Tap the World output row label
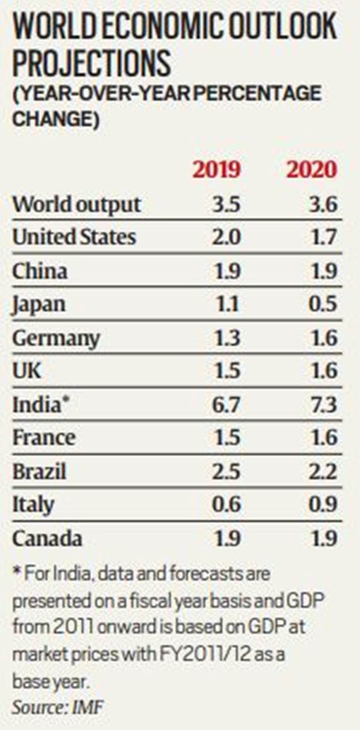pyautogui.click(x=77, y=204)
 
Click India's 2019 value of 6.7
pyautogui.click(x=226, y=405)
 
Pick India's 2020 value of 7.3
pyautogui.click(x=322, y=405)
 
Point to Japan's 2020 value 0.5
pyautogui.click(x=322, y=304)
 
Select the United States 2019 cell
pyautogui.click(x=226, y=237)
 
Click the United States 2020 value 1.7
pyautogui.click(x=323, y=237)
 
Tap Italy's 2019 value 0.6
pyautogui.click(x=226, y=505)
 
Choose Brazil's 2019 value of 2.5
pyautogui.click(x=226, y=472)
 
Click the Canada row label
pyautogui.click(x=47, y=538)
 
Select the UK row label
pyautogui.click(x=27, y=371)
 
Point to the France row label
pyautogui.click(x=44, y=438)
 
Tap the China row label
pyautogui.click(x=40, y=271)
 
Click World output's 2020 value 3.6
pyautogui.click(x=322, y=204)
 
